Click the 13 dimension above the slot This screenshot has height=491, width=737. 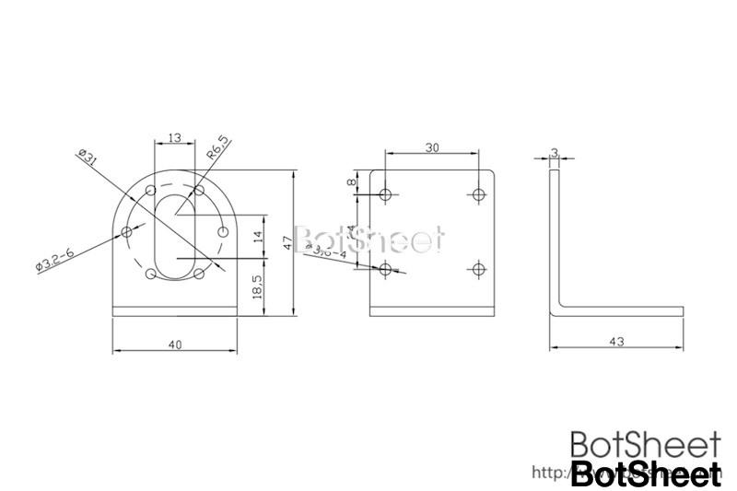point(174,137)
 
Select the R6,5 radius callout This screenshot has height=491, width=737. point(218,147)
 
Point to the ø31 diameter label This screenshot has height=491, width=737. point(88,156)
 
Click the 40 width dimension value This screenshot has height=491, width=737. point(175,344)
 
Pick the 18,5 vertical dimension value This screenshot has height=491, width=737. point(257,286)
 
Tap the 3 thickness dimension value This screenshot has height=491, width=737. point(555,153)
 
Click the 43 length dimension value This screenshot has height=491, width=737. point(616,342)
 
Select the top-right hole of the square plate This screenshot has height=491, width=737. point(477,194)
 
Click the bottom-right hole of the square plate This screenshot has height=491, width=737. point(477,268)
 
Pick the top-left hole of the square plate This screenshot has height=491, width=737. point(386,194)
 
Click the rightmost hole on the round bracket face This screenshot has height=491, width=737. point(222,232)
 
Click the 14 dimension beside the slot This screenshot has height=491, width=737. point(257,236)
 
